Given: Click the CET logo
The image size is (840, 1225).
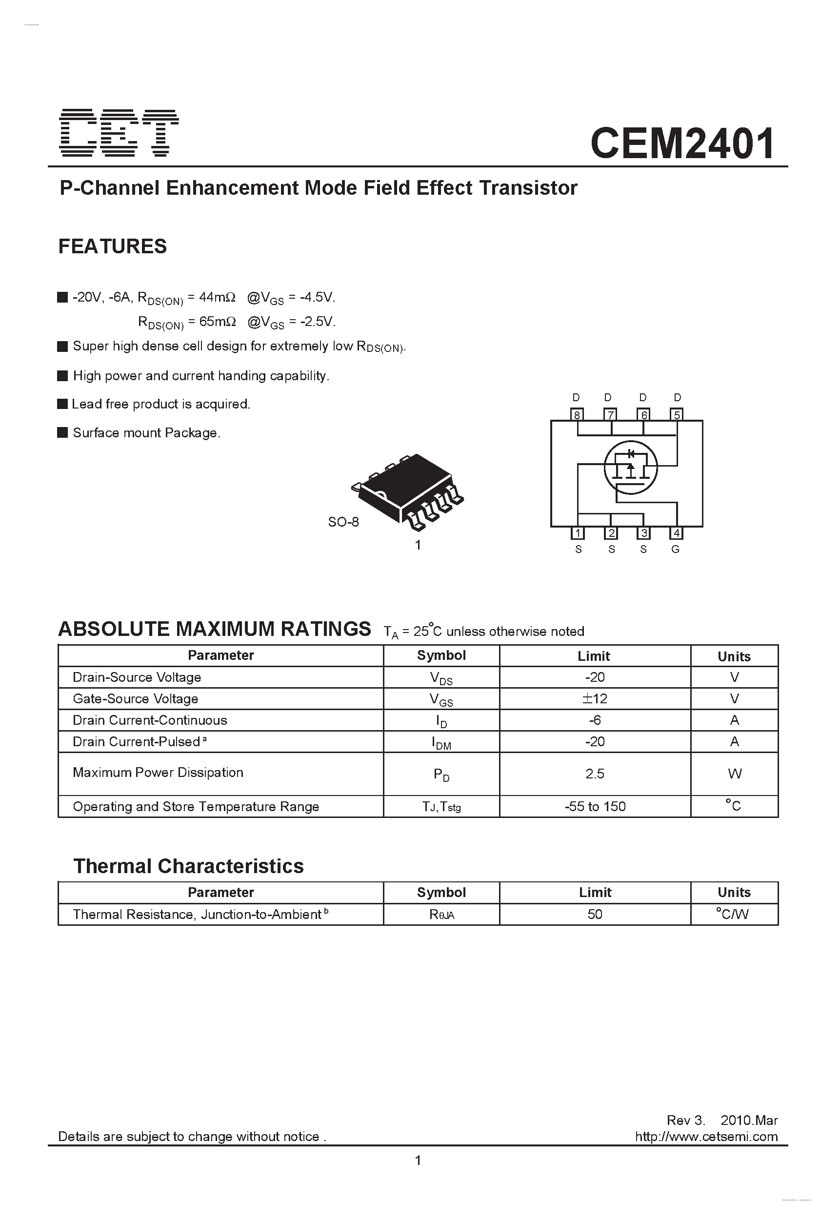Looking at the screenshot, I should point(119,133).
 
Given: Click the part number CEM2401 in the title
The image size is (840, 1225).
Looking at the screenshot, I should point(682,143).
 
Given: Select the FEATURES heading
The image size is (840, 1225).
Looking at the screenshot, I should point(112,246).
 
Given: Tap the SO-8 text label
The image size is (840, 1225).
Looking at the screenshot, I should point(343,522).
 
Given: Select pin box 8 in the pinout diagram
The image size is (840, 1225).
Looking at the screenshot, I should point(577,415).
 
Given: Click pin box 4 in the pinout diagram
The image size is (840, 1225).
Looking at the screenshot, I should point(676,533).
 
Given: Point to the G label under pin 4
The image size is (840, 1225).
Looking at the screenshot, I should point(676,549).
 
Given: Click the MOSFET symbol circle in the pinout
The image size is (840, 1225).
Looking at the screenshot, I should point(630,468).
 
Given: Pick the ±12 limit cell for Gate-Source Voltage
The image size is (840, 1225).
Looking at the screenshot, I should point(595,698).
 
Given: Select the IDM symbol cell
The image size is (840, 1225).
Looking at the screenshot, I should point(441,742).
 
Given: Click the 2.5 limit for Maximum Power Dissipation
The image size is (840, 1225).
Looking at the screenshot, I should point(595,774).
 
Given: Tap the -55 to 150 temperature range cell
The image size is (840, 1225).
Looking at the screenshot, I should point(595,806).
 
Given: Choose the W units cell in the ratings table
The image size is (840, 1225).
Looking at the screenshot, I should point(734,774).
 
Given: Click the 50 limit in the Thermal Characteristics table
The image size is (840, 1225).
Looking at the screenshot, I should point(595,914).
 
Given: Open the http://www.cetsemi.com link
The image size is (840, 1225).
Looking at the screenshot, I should point(706,1137).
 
